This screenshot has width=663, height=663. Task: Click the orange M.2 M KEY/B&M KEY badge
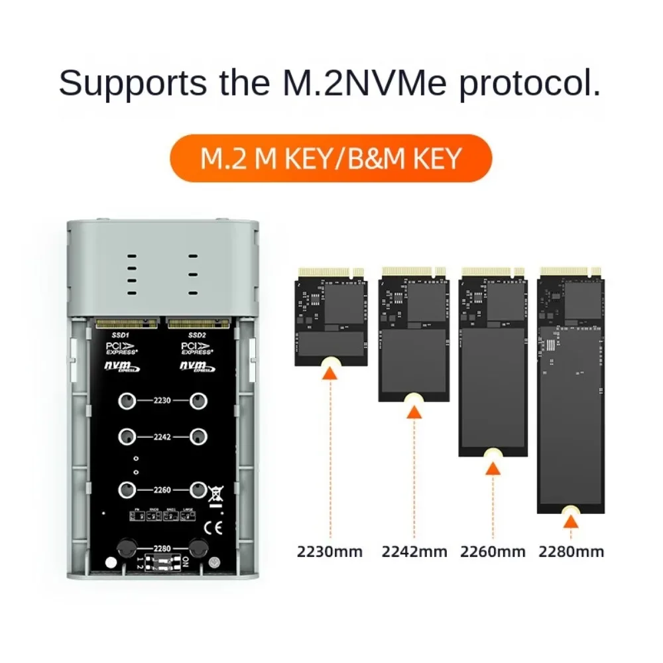(x=331, y=158)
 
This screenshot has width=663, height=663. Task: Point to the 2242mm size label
(x=414, y=551)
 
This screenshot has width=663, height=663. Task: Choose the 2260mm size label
(x=493, y=551)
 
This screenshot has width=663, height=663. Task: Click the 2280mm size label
(x=571, y=551)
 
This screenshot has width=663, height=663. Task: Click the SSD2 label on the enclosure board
(x=198, y=335)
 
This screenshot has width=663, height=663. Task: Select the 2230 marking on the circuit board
(x=162, y=401)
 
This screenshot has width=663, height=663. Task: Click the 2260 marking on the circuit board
(x=162, y=490)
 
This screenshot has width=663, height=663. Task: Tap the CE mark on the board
(x=216, y=528)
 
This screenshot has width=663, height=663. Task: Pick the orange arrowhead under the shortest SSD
(x=330, y=375)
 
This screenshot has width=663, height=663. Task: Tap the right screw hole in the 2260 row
(x=198, y=490)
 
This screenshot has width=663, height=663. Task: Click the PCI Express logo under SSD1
(x=122, y=349)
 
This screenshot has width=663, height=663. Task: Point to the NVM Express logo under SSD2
(x=197, y=367)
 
